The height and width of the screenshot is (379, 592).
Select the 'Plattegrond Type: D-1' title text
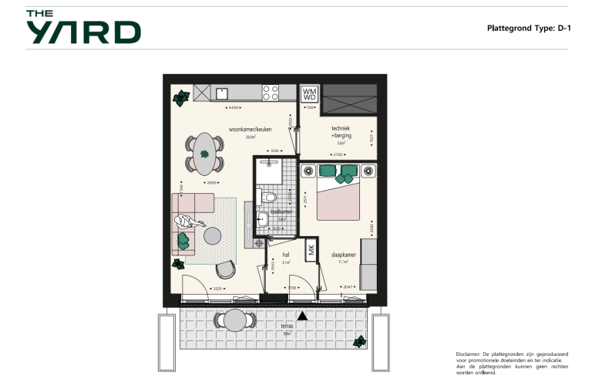point(528,28)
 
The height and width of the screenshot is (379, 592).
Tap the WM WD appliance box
point(309,93)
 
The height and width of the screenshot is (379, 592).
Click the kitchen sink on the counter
point(221,93)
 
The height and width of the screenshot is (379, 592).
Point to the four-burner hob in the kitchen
point(271,93)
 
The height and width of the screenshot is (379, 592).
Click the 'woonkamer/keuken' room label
point(249,129)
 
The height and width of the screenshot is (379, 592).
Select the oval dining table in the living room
point(204,154)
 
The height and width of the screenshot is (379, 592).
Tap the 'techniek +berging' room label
point(341,132)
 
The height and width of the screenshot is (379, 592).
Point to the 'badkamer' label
point(281,211)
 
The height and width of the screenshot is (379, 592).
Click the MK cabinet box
point(311,250)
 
